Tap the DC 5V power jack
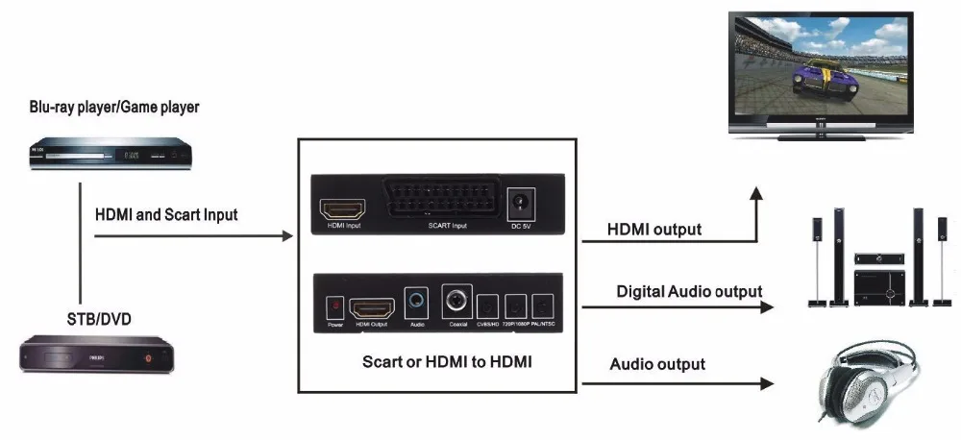tap(520, 205)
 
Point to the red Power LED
tap(334, 305)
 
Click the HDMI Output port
tap(371, 306)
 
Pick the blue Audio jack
tap(416, 304)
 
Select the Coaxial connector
tap(456, 303)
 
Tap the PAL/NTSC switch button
tap(543, 307)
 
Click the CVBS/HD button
tap(488, 307)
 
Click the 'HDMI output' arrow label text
tap(653, 230)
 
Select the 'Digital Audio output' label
tap(689, 291)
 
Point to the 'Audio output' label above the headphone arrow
tap(657, 364)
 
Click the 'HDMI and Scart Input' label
tap(166, 214)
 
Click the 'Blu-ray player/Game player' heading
tap(113, 107)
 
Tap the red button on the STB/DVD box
tap(148, 358)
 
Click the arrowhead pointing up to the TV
tap(756, 194)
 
